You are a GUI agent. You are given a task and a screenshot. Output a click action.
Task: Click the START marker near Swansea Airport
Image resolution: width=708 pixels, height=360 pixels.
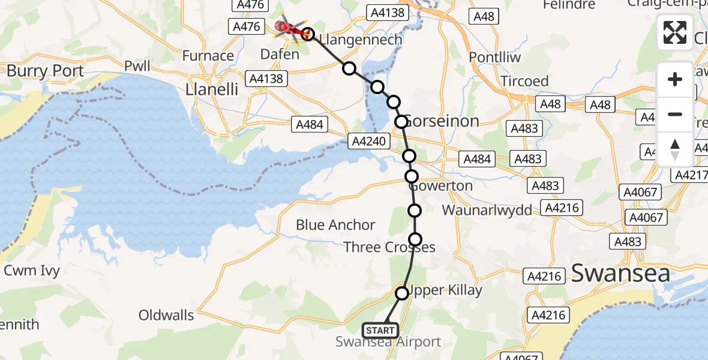click(x=380, y=330)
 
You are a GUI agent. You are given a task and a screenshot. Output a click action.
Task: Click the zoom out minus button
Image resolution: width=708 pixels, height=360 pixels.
click(x=675, y=114)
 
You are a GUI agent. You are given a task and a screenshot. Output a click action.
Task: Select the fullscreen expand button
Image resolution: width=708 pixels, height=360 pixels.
click(x=675, y=32)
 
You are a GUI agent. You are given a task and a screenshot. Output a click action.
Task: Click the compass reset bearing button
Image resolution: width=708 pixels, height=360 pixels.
click(x=675, y=149)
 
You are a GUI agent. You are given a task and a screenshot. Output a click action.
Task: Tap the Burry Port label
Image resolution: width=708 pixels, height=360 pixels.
click(x=45, y=71)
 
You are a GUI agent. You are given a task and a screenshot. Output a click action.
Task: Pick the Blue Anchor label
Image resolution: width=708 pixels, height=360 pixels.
click(x=335, y=225)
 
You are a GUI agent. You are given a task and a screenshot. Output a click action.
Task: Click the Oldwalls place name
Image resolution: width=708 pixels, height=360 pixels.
click(x=166, y=315)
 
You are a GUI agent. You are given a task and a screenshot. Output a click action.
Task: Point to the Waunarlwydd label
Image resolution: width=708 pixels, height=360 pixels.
click(x=487, y=211)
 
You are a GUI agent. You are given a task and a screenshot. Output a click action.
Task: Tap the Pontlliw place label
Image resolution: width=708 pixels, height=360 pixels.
click(x=495, y=58)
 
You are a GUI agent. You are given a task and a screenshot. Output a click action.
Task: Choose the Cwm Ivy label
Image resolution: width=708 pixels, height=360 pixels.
click(x=32, y=271)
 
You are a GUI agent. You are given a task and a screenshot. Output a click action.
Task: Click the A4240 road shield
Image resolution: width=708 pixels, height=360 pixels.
click(x=368, y=142)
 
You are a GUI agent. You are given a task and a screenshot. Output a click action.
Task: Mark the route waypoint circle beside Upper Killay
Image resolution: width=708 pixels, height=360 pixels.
click(x=402, y=293)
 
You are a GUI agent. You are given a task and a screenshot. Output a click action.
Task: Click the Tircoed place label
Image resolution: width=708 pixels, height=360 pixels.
click(x=526, y=81)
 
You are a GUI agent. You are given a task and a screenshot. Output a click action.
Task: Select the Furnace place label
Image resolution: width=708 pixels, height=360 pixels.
click(x=208, y=56)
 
